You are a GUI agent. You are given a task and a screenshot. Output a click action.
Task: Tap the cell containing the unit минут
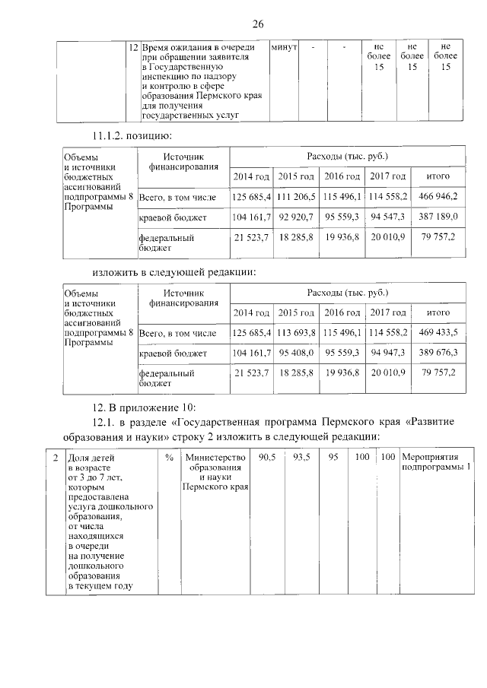[284, 47]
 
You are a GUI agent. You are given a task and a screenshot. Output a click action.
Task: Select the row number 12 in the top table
[133, 47]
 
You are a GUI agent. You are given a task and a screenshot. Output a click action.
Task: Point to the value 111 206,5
[296, 196]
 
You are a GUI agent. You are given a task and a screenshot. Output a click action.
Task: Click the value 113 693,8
[296, 332]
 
